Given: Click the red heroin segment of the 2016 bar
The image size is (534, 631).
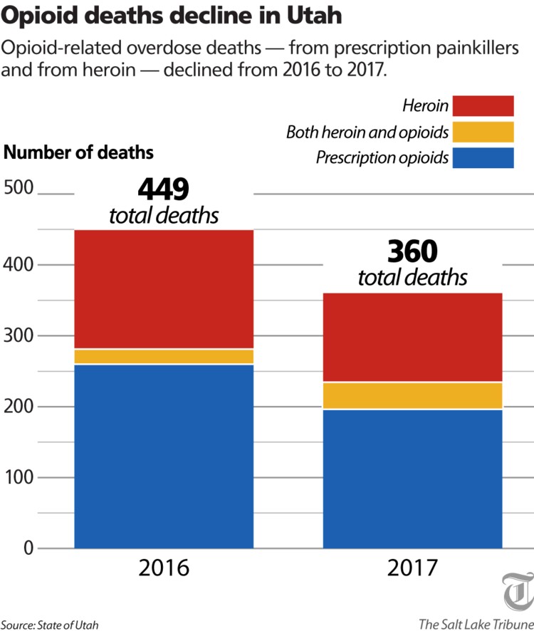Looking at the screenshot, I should click(x=164, y=288).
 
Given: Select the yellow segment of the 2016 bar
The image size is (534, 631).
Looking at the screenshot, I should click(x=164, y=356).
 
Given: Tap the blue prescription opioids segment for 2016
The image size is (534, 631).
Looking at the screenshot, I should click(x=164, y=456).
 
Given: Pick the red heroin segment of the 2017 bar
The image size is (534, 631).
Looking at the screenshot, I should click(x=413, y=337).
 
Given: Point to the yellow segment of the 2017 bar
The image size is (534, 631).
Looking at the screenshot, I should click(x=413, y=395).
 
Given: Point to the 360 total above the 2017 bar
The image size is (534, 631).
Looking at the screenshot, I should click(x=412, y=251).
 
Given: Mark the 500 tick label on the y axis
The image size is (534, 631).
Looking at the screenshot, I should click(x=19, y=189).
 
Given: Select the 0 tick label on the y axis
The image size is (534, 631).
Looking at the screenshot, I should click(x=27, y=548).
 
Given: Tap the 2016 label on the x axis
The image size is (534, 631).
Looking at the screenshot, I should click(x=164, y=569).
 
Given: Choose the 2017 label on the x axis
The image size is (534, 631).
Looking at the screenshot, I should click(x=413, y=569).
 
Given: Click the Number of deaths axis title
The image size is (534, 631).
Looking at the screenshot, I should click(x=79, y=152).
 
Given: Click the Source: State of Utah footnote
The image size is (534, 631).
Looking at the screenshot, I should click(x=50, y=625).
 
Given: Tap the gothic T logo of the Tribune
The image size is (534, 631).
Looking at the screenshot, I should click(x=518, y=590).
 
